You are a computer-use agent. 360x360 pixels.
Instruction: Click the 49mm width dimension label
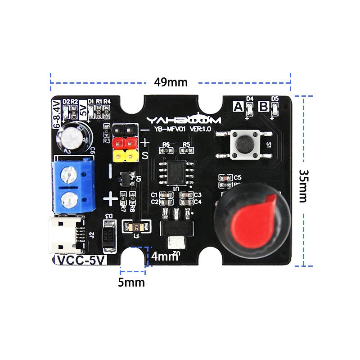click(171, 82)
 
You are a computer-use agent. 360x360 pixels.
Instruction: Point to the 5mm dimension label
click(131, 283)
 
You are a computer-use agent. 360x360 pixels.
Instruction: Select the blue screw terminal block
click(74, 184)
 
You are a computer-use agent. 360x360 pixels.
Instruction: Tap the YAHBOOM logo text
click(184, 120)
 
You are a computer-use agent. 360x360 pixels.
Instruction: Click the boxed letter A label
click(237, 107)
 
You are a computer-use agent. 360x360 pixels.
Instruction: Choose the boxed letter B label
click(264, 107)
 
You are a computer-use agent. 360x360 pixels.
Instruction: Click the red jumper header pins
click(124, 143)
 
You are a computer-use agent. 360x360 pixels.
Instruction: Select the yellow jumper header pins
click(124, 156)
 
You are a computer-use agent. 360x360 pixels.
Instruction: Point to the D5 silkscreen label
click(275, 99)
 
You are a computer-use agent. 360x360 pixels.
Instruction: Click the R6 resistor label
click(166, 144)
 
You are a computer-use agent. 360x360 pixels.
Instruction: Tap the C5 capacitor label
click(238, 178)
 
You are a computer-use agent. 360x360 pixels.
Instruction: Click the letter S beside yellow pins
click(145, 156)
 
